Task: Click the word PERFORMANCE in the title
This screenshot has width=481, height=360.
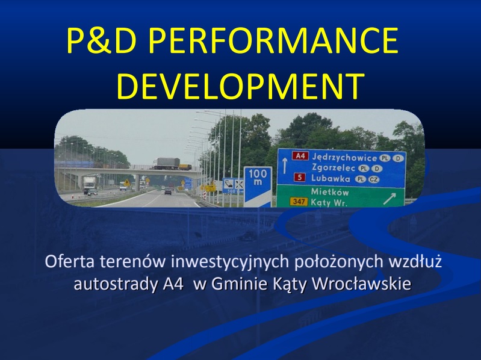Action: tap(273, 40)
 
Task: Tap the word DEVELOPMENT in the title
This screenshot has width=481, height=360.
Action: tap(241, 86)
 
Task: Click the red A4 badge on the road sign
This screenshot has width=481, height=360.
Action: tap(300, 156)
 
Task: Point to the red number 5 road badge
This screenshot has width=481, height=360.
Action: tap(300, 178)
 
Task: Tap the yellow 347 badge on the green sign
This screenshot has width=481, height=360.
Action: tap(299, 202)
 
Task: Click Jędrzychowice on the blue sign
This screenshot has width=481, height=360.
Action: tap(344, 158)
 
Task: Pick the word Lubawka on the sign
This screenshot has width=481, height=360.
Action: tap(330, 178)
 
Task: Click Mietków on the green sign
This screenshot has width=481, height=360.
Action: tap(330, 192)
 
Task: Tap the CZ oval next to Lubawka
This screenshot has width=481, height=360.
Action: tap(373, 179)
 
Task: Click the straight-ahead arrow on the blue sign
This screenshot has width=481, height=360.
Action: tap(284, 166)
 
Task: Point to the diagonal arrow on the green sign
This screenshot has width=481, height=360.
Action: tap(389, 199)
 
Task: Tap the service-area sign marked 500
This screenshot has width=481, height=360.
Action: tap(233, 185)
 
